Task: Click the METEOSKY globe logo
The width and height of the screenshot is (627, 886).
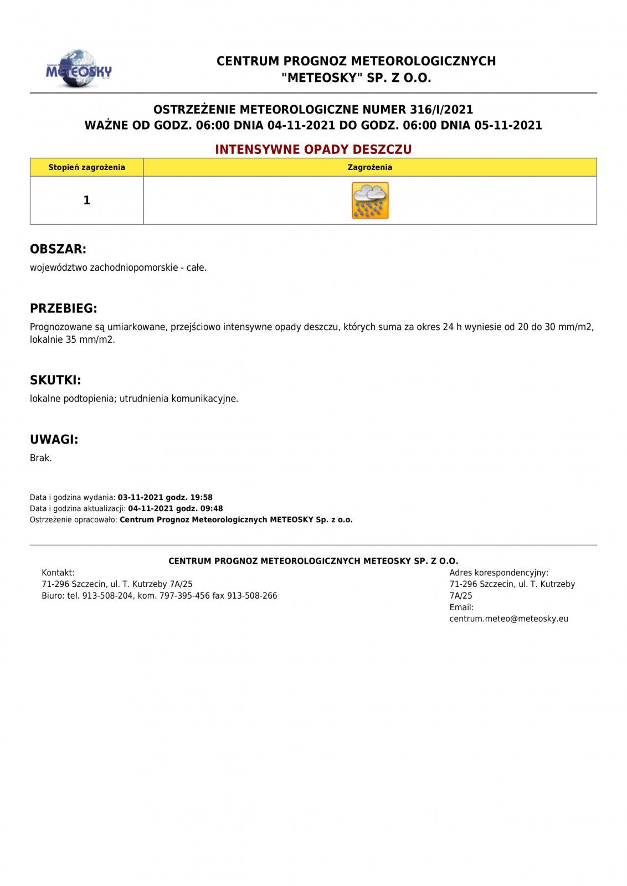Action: coord(79,69)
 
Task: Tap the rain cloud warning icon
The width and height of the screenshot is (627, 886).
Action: coord(370,200)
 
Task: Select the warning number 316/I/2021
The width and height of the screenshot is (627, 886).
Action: coord(442,110)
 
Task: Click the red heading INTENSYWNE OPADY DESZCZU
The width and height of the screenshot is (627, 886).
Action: coord(313,150)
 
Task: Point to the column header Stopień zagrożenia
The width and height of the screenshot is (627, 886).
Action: coord(87,167)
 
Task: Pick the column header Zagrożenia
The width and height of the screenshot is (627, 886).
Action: coord(370,167)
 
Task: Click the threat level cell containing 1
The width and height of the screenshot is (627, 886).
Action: coord(87,200)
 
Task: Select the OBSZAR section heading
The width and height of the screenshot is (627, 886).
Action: coord(58,249)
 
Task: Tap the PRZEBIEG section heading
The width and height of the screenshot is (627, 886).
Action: coord(64,308)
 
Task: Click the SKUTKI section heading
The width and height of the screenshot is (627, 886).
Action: coord(55,380)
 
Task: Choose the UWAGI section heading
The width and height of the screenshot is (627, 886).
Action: coord(54,440)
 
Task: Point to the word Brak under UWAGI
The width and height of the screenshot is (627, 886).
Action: coord(40,458)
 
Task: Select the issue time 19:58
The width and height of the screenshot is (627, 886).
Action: coord(201,497)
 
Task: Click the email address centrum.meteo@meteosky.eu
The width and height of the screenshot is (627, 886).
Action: coord(508,619)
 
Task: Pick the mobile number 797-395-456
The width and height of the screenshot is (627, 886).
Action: coord(184,596)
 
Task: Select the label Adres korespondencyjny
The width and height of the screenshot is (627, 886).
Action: coord(498,573)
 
